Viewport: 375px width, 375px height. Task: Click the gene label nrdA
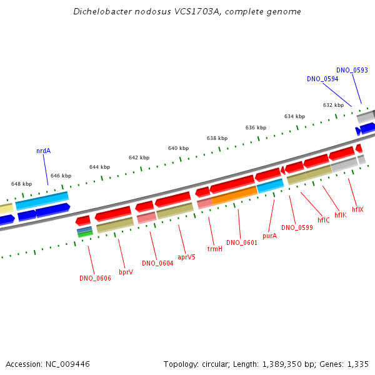(43, 151)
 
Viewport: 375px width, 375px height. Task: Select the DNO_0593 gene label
(352, 70)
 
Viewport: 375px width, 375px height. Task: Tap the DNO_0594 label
(322, 79)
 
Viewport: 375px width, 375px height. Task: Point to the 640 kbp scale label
(178, 148)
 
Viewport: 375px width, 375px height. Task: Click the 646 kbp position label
(61, 176)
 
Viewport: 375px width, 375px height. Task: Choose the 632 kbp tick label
(333, 105)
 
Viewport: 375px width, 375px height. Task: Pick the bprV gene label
(126, 272)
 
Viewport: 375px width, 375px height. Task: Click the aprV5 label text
(186, 257)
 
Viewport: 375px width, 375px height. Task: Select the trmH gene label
(215, 249)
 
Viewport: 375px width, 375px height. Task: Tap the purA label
(270, 236)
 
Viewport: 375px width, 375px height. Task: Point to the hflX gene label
(357, 209)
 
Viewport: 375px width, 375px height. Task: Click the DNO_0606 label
(95, 278)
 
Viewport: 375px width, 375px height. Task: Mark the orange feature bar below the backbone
(234, 196)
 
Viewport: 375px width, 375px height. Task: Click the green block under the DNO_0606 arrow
(86, 234)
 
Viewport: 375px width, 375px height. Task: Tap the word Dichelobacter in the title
(102, 11)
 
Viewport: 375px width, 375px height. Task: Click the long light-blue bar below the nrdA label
(42, 201)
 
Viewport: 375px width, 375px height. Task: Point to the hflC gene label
(324, 220)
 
